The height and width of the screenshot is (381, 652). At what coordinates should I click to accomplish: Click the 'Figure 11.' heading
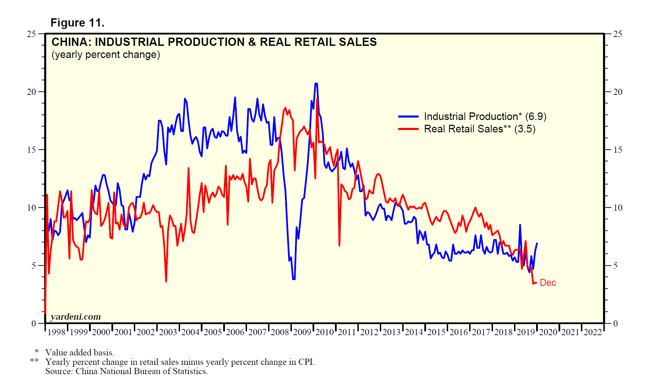77,23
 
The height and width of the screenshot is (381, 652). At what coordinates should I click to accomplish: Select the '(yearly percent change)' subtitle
106,55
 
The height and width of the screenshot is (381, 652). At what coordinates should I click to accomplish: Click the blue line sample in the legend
408,117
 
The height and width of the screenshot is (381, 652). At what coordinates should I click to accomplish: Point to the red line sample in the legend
408,129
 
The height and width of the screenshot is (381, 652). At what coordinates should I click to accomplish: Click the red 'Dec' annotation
548,283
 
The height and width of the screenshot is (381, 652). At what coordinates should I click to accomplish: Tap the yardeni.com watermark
76,317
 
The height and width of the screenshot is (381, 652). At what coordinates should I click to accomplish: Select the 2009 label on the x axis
302,332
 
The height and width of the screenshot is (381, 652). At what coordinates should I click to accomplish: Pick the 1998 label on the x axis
56,332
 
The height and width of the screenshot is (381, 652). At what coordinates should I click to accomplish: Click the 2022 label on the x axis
593,332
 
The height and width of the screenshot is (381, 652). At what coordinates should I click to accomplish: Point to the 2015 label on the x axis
436,332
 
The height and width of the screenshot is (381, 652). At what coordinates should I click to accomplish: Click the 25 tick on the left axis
31,34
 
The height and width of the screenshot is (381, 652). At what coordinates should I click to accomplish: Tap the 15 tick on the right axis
618,150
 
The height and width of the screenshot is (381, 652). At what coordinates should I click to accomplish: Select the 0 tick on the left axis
33,323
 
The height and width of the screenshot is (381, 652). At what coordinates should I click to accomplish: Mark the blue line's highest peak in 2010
316,83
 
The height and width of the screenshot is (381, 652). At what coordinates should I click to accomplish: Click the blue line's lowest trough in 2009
294,279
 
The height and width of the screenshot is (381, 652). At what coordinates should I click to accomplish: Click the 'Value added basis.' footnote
80,352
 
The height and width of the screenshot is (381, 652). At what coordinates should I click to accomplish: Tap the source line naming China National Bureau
126,371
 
